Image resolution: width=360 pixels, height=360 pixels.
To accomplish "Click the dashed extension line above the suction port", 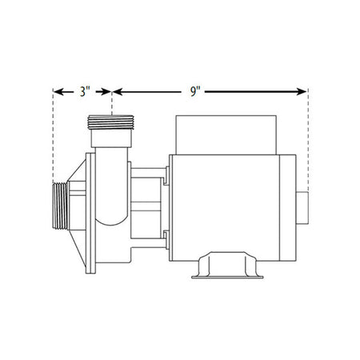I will click(53, 136).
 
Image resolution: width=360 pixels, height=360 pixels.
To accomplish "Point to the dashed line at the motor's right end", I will click(307, 144).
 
